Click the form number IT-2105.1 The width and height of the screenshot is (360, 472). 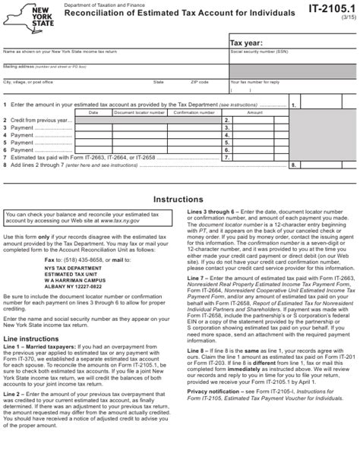tap(330, 8)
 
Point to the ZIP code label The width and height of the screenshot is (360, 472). tap(200, 80)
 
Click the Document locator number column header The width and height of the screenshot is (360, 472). tap(139, 112)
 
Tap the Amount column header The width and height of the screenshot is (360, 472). tap(254, 112)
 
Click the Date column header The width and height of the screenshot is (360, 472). tap(93, 112)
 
